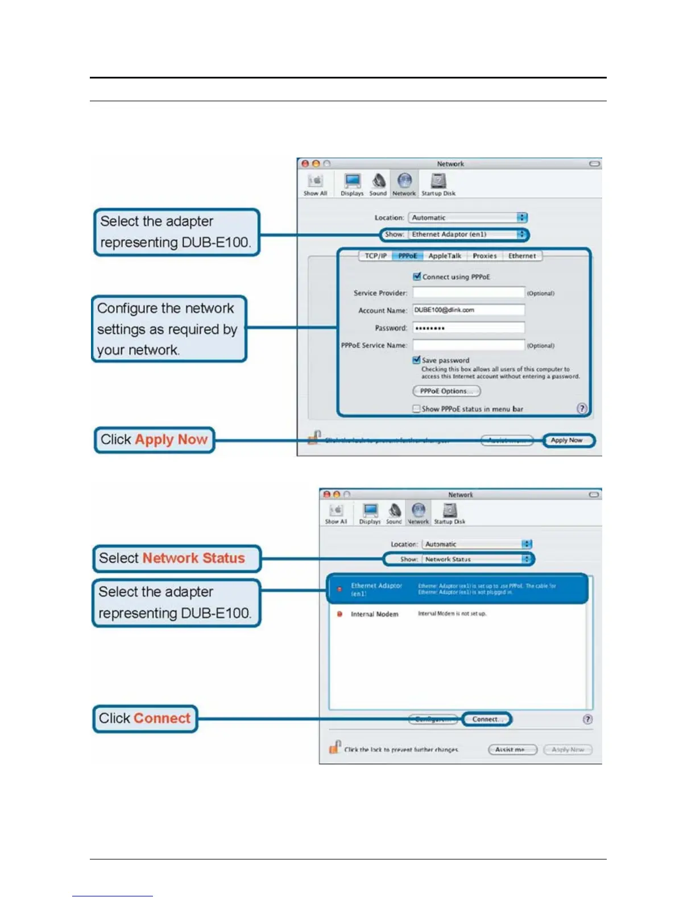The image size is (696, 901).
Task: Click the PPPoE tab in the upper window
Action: (x=407, y=256)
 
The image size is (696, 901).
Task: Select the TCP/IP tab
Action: (x=375, y=256)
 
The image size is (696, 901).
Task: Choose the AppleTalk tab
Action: (x=445, y=256)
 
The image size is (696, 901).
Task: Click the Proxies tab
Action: (x=484, y=256)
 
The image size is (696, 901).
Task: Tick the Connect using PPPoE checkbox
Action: (x=417, y=276)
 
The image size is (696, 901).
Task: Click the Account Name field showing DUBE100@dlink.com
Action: (x=468, y=310)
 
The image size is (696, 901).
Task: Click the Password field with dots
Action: (x=468, y=328)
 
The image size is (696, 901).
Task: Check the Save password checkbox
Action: (x=417, y=360)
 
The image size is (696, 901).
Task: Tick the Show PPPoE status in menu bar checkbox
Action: (x=417, y=408)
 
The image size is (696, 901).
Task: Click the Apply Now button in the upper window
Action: (x=567, y=440)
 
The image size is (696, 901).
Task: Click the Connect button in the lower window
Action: (x=487, y=719)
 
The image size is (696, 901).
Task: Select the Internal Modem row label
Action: (x=374, y=614)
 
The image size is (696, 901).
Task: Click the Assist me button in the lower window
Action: (x=512, y=750)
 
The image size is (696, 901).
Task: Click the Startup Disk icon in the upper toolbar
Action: (x=438, y=184)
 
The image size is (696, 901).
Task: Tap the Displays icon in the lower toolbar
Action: (x=370, y=513)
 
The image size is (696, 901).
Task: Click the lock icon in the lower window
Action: (x=335, y=747)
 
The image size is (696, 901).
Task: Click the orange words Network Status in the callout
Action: (x=193, y=558)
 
